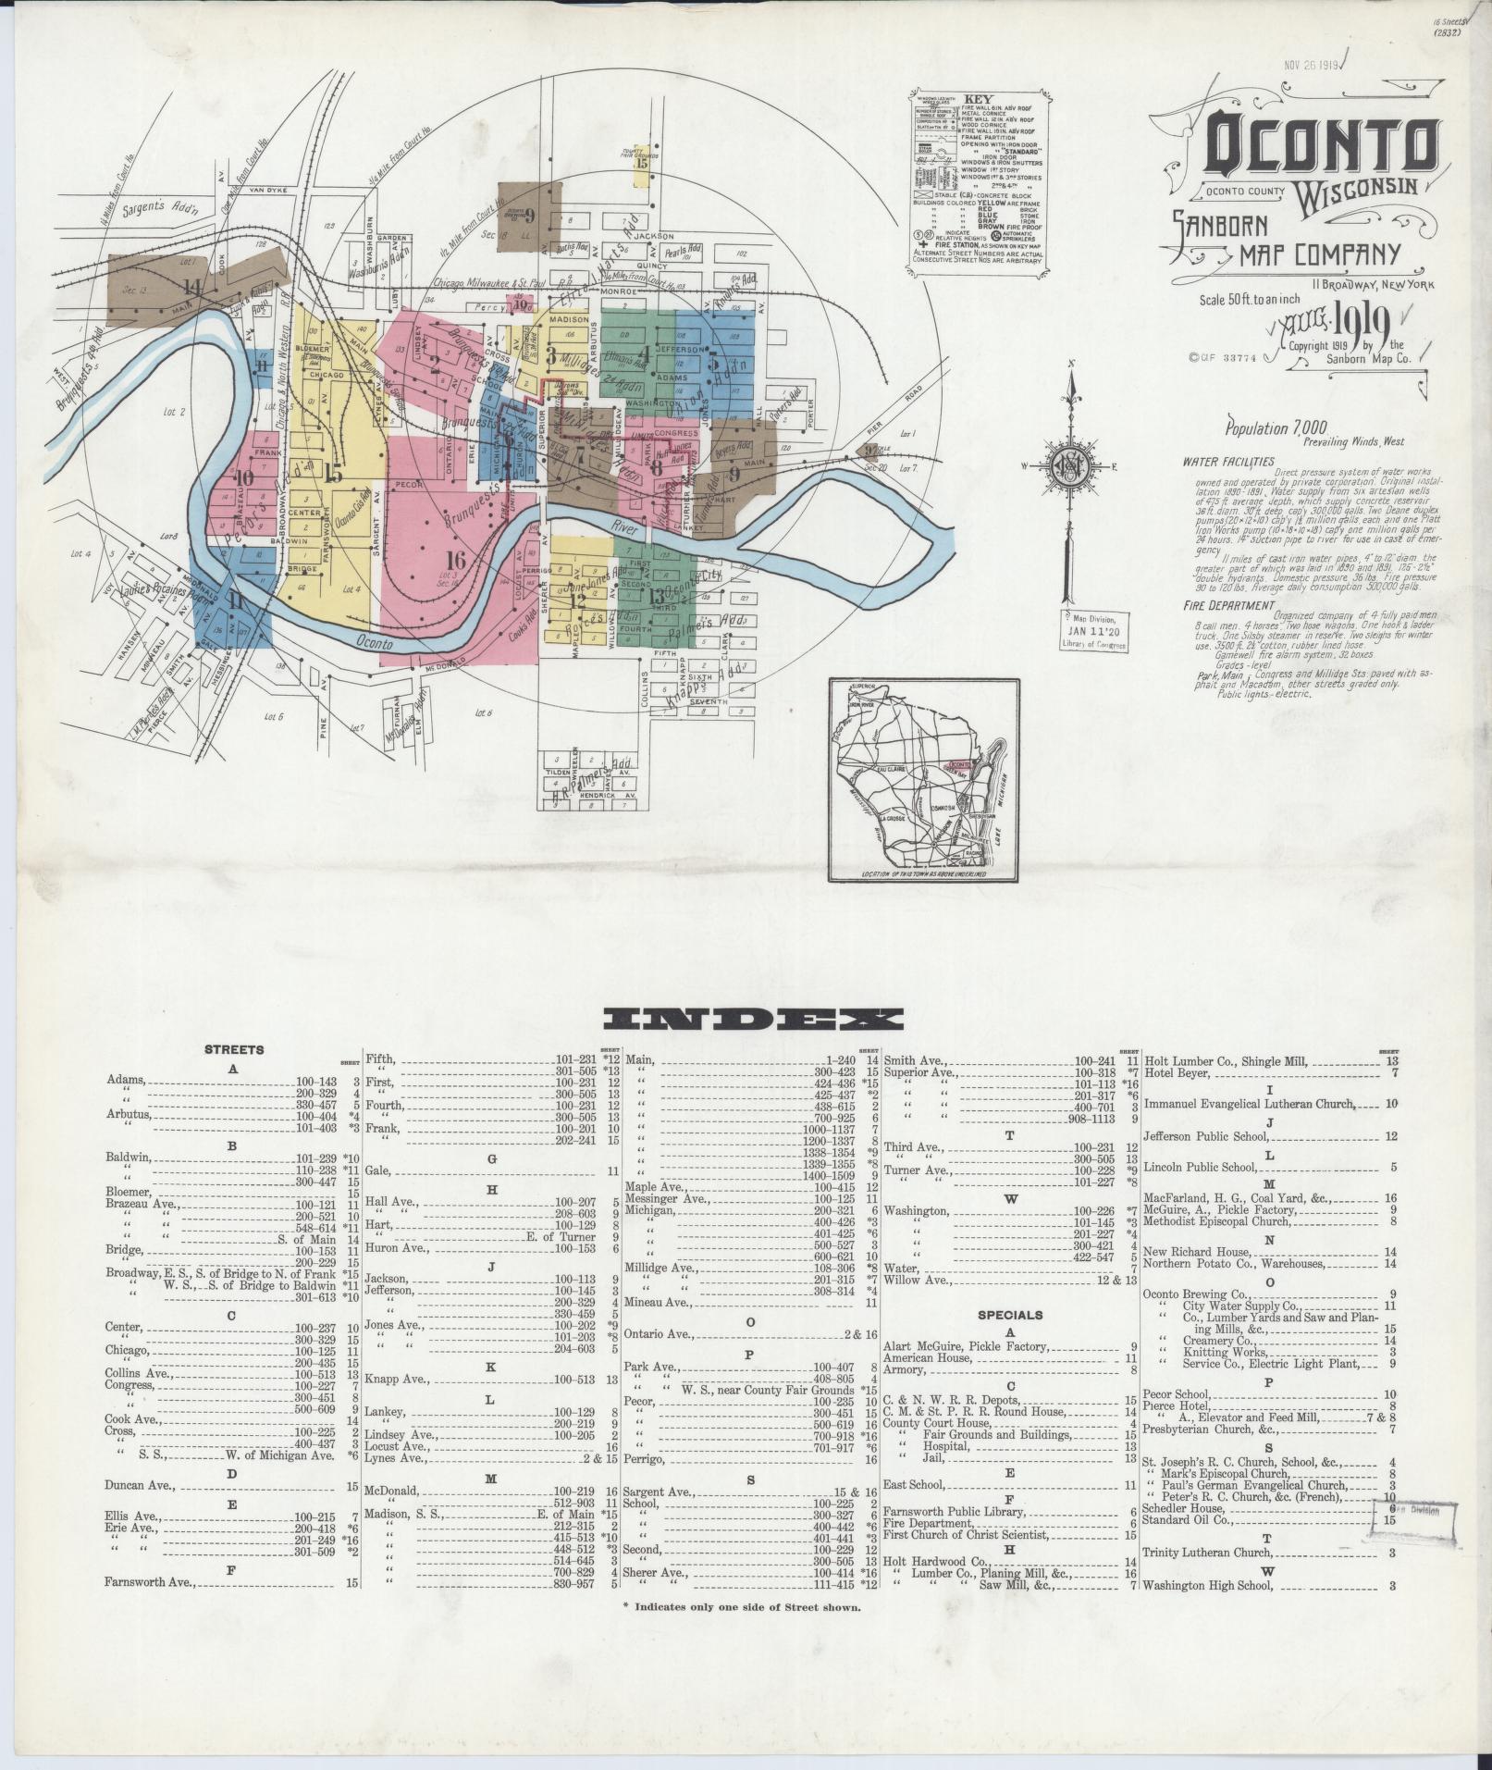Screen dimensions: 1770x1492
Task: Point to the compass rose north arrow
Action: [x=1070, y=389]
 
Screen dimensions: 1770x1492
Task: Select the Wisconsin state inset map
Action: [x=926, y=780]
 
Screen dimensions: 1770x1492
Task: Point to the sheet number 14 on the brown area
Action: [x=192, y=285]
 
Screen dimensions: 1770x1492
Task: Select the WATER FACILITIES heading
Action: [x=1227, y=461]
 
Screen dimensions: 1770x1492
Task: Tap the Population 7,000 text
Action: [x=1276, y=428]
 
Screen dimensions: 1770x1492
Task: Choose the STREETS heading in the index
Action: [x=234, y=1049]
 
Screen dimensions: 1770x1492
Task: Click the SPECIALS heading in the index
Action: [x=1013, y=1314]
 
